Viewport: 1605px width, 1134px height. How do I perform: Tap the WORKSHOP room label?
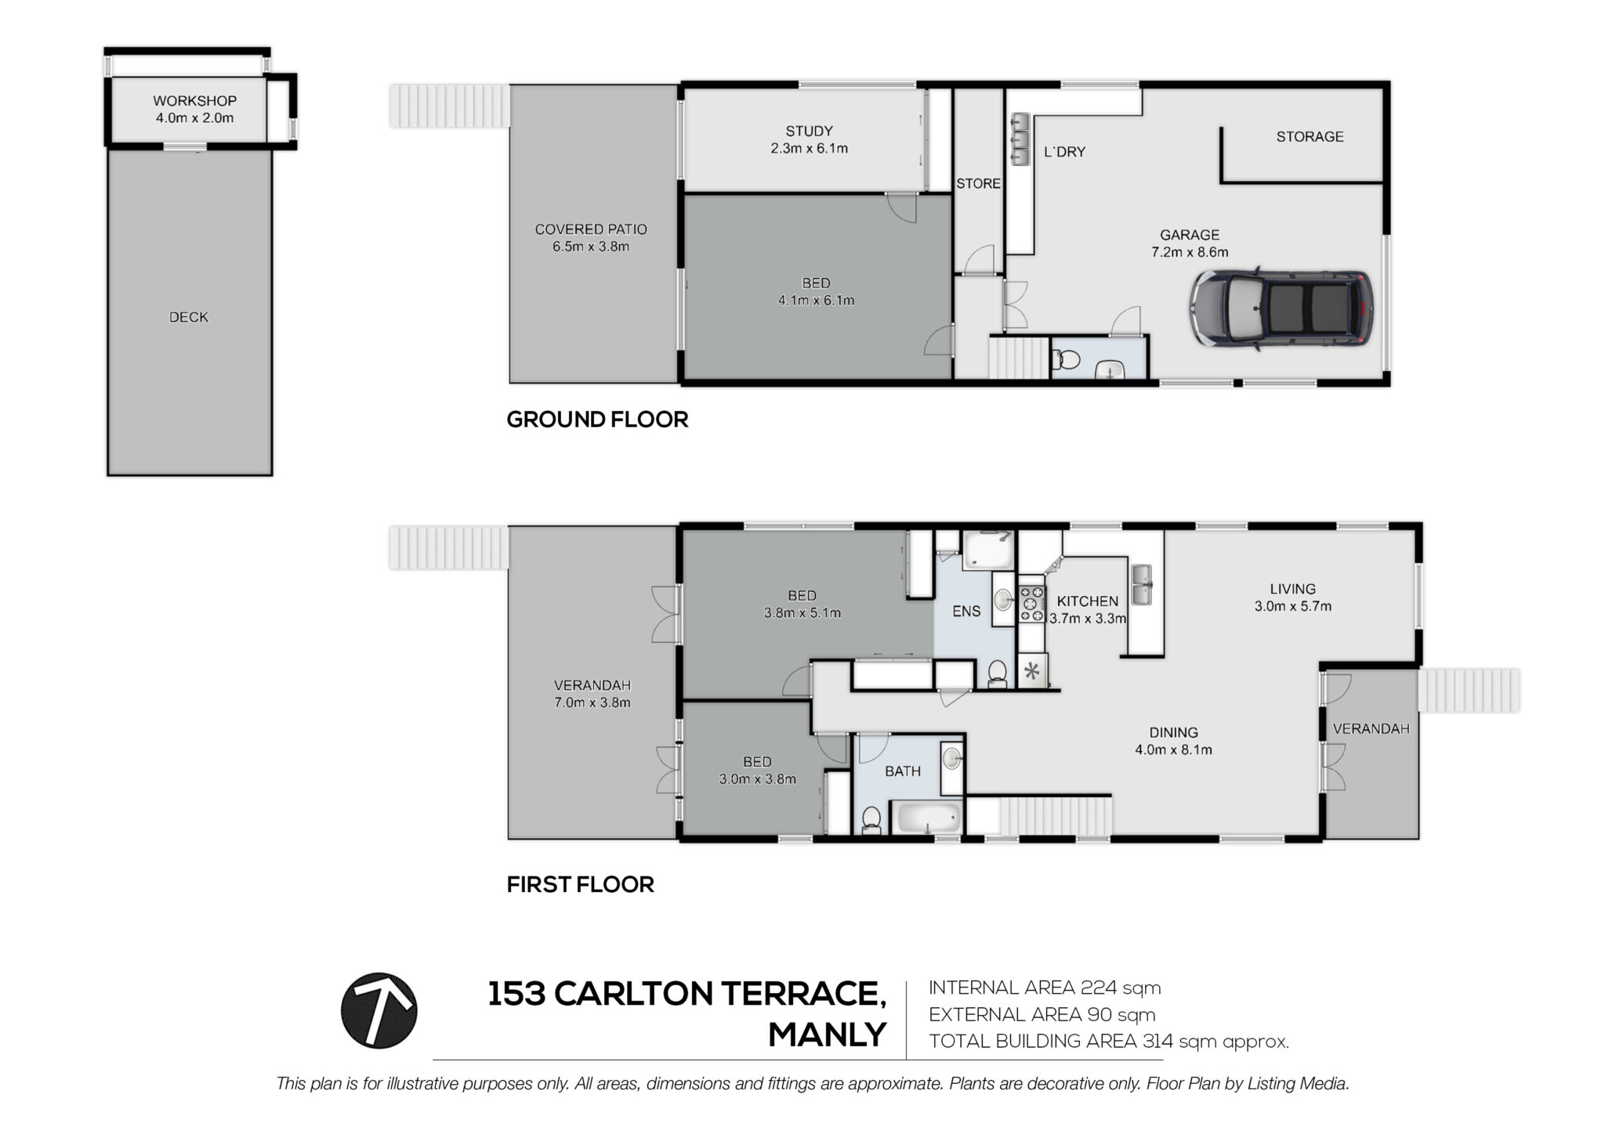tap(194, 101)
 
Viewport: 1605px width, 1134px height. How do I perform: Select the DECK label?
tap(189, 317)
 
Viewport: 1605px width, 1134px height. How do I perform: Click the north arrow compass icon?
tap(379, 1010)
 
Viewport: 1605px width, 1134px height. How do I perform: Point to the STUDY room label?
tap(809, 131)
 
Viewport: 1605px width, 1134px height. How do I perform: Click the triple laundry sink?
tap(1020, 140)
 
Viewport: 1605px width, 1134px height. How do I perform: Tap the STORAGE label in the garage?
tap(1310, 136)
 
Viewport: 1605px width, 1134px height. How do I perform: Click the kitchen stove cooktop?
tap(1031, 605)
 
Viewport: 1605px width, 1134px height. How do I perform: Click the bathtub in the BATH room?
tap(928, 818)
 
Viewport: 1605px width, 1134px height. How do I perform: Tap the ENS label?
tap(966, 611)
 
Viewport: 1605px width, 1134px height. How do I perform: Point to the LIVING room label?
tap(1293, 589)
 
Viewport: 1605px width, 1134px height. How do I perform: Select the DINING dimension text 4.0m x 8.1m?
tap(1173, 749)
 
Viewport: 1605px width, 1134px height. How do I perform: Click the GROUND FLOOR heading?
tap(597, 420)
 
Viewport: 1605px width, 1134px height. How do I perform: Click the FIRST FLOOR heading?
tap(580, 885)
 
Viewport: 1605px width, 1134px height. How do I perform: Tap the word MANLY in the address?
tap(827, 1035)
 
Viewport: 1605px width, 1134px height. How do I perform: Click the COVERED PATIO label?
tap(591, 229)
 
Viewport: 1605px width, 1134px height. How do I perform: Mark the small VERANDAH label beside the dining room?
tap(1371, 728)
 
